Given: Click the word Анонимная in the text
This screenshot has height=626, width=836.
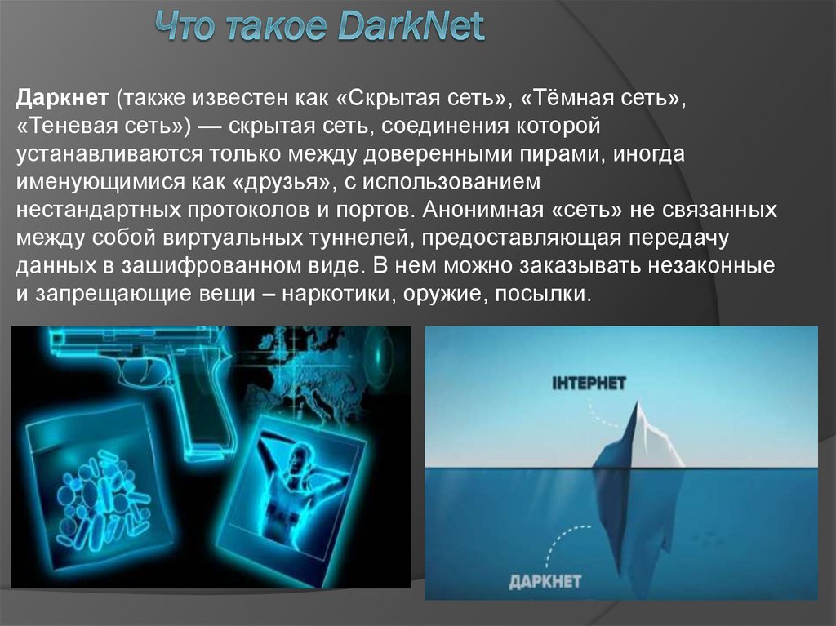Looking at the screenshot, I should tap(483, 208).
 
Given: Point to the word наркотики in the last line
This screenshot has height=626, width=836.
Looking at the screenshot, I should tap(334, 294).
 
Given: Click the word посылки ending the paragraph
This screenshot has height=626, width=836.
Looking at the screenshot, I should tap(542, 294).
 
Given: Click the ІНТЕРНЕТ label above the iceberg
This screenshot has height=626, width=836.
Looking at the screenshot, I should tap(589, 383).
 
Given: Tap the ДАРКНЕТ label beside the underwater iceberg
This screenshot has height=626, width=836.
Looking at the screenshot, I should tap(545, 581).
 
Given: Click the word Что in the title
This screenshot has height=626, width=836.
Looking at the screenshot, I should tap(185, 29).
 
